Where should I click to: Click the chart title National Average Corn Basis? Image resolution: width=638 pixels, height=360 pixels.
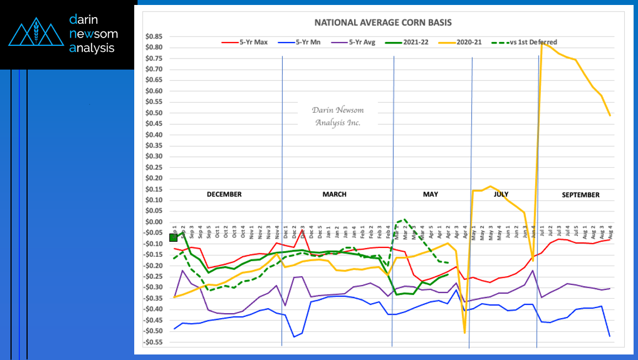[x=383, y=23]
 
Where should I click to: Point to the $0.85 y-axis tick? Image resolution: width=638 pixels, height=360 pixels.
[x=154, y=36]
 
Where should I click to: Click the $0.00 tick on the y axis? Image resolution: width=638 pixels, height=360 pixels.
[x=154, y=222]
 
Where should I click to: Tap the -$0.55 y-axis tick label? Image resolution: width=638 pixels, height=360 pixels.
[x=153, y=342]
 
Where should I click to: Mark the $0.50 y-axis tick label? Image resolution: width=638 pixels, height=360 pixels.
[x=154, y=113]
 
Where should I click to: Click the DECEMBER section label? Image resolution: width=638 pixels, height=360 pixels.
[x=224, y=194]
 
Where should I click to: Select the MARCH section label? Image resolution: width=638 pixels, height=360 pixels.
[x=335, y=194]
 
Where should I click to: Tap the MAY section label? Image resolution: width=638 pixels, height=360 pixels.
[x=430, y=194]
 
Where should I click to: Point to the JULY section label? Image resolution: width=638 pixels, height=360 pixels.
[x=501, y=194]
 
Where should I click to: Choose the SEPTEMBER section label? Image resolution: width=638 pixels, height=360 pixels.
[x=581, y=195]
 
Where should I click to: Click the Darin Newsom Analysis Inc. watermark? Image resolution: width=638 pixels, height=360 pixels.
[x=338, y=116]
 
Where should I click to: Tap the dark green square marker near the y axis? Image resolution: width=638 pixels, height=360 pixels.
[x=173, y=237]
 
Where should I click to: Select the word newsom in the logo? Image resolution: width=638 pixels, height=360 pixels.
[x=93, y=34]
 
